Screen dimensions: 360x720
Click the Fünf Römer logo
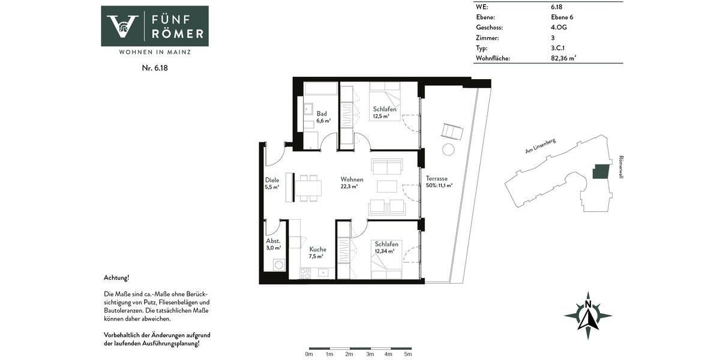tap(155, 26)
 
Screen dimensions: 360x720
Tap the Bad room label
tap(322, 114)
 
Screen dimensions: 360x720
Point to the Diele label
tap(272, 180)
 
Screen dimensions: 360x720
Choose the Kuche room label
tap(318, 250)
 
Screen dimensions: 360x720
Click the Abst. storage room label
tap(273, 241)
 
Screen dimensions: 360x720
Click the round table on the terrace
tap(448, 149)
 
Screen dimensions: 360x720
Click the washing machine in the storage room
tap(279, 265)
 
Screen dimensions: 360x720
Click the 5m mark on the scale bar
tap(408, 354)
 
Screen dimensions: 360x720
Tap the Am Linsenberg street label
tap(541, 145)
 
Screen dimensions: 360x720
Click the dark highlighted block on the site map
tap(600, 172)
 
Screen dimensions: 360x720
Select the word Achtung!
tap(116, 278)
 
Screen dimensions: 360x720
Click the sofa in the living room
tap(388, 166)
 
